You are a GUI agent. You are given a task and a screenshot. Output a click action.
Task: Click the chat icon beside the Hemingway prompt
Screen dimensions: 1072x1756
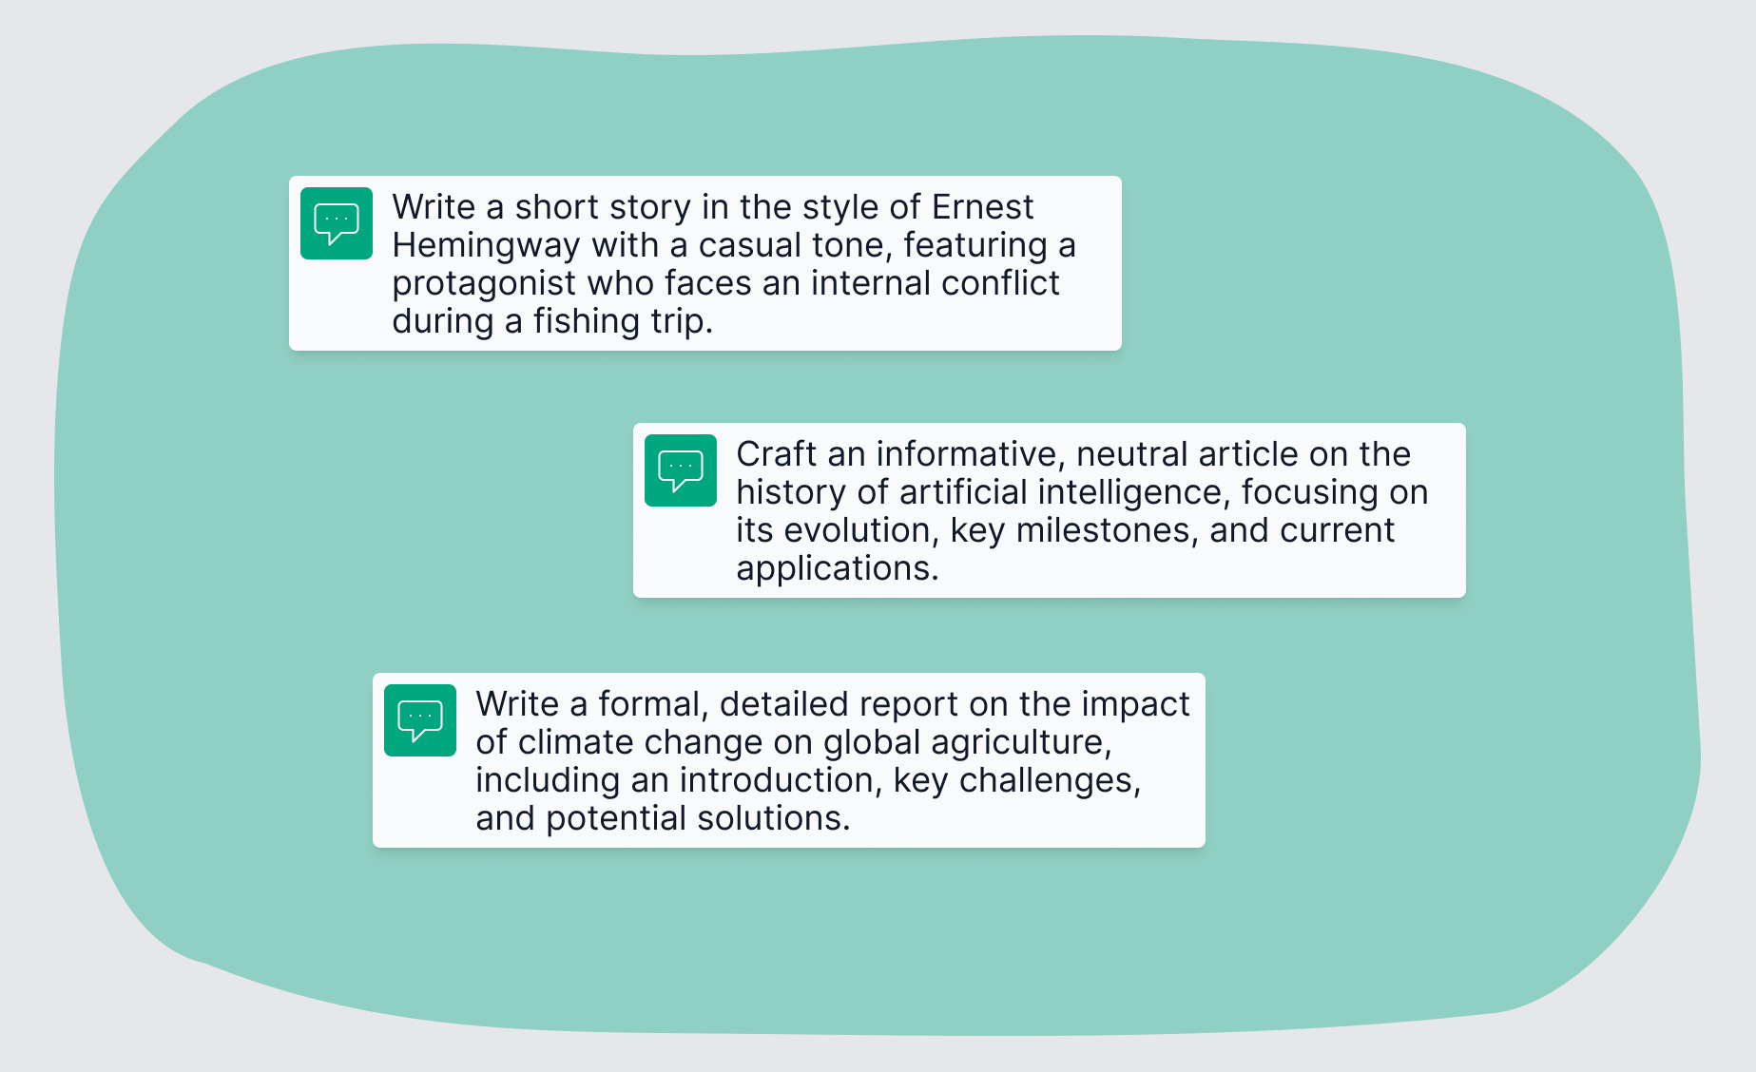[337, 223]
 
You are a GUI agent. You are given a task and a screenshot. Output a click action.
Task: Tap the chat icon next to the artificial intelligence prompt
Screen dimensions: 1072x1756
[681, 470]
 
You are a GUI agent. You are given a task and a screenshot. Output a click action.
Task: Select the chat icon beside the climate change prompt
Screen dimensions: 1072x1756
[420, 720]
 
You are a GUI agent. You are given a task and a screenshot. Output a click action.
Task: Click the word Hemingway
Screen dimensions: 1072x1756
[486, 246]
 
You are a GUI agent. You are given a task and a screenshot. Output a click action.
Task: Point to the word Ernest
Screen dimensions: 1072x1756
[982, 207]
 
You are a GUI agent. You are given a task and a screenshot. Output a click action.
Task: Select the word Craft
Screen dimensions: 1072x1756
[776, 454]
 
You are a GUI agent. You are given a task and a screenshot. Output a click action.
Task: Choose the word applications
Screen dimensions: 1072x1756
[837, 568]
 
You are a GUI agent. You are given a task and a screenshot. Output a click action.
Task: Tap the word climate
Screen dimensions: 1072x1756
[579, 742]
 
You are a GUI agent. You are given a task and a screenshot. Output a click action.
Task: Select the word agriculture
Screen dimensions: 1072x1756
[1020, 742]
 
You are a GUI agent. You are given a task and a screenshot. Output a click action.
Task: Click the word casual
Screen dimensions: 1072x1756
[741, 245]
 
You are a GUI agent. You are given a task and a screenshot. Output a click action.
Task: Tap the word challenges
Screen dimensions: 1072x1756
[1050, 780]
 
